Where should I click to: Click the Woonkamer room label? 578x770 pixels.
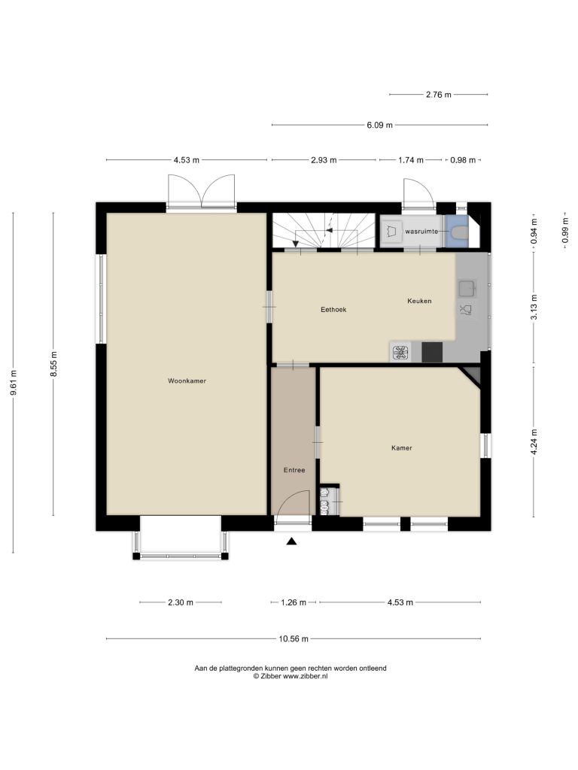coord(187,380)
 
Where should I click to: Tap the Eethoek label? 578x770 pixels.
coord(333,309)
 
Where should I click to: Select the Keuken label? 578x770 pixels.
coord(419,301)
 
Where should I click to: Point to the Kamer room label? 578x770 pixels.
coord(402,448)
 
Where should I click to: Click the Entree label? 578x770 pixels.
coord(294,470)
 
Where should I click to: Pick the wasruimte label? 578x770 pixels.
coord(421,231)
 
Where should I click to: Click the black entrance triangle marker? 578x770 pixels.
coord(292,541)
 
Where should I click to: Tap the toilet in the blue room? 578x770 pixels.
coord(458,232)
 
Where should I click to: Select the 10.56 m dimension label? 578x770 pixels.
coord(294,639)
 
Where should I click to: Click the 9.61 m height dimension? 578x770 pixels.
coord(14,382)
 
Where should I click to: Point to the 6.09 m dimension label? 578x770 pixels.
coord(379,125)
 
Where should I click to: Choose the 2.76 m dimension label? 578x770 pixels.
coord(439,94)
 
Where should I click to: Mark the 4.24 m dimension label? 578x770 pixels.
coord(534,442)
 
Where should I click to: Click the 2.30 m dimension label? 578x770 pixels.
coord(181,602)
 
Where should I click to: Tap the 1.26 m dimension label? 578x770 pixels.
coord(294,602)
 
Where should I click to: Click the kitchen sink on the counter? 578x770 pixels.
coord(467,288)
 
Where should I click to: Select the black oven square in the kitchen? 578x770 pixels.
coord(432,352)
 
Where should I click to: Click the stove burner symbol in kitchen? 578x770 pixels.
coord(400,353)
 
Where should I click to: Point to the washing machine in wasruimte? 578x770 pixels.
coord(391,232)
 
